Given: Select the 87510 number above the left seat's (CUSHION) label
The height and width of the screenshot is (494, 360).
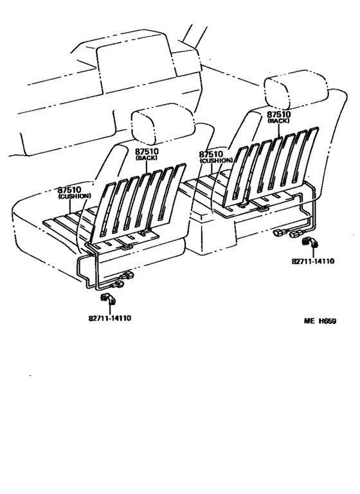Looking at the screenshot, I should point(69,190).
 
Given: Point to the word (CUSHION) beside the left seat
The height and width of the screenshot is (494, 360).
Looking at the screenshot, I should point(75,197).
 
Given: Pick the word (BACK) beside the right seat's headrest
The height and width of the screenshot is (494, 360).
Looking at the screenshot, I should point(279,121).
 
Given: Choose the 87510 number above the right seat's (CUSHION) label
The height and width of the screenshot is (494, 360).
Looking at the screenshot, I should point(211,155).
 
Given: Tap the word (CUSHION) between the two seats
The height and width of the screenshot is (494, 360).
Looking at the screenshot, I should point(217,161).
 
